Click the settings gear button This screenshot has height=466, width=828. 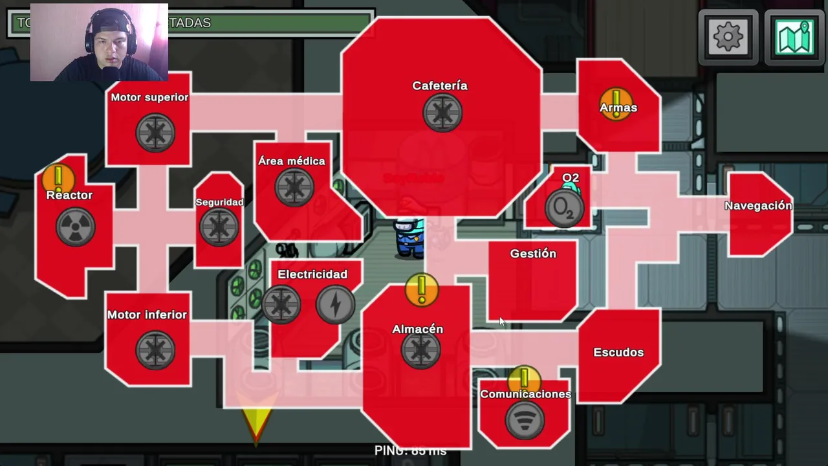pos(728,38)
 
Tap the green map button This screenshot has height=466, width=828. pos(794,38)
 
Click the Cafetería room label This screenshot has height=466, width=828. pos(440,85)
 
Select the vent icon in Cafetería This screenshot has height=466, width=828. pos(442,113)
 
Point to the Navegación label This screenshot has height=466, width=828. pos(758,206)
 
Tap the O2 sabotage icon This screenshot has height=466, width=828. pos(563,208)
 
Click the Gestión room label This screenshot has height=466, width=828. pos(533,254)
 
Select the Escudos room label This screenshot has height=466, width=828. pos(618,352)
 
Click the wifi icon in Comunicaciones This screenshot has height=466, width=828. pos(524,421)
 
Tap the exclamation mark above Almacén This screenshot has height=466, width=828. pos(422,289)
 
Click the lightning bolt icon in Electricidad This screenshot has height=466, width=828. pos(335,304)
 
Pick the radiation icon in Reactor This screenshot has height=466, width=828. pos(76,227)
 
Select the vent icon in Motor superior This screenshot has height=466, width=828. pos(155,133)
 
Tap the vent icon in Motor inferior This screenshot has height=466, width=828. pos(155,350)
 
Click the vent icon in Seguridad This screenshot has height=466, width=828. pos(219,227)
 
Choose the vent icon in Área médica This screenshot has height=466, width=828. pos(294,188)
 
